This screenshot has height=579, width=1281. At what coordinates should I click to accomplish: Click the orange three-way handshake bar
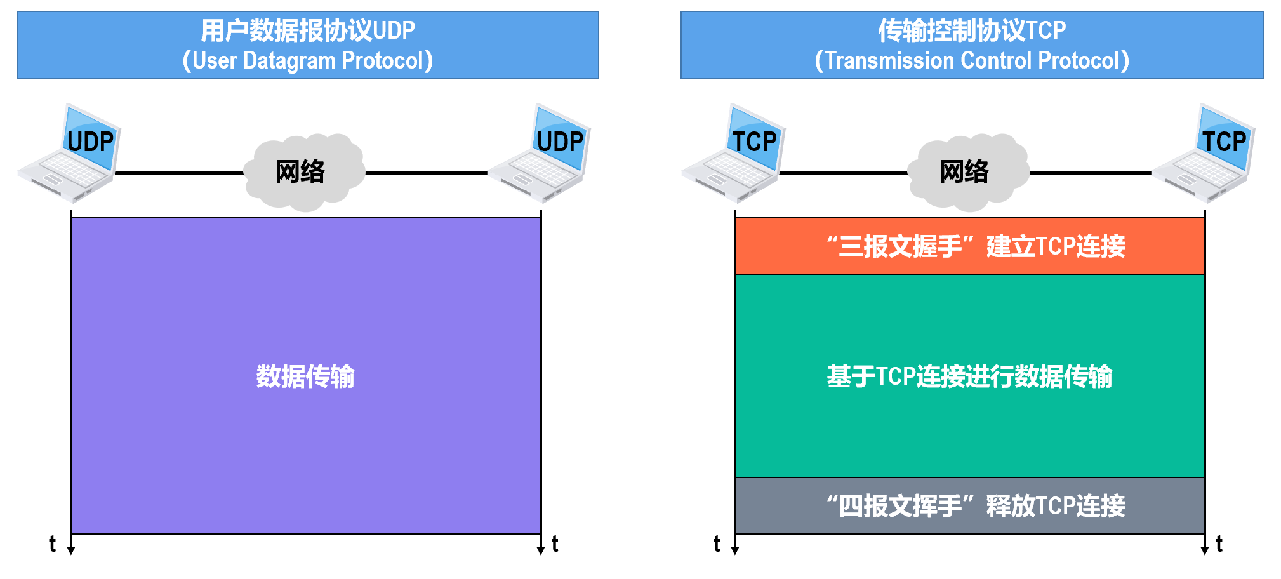[x=969, y=246]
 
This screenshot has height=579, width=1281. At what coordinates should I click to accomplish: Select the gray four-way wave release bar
[x=969, y=506]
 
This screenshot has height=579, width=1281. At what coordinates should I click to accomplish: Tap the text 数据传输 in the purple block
[x=305, y=376]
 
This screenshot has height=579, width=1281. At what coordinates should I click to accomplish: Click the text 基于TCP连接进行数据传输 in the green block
[x=969, y=376]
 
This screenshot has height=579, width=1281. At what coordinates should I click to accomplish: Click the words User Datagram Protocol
[x=308, y=61]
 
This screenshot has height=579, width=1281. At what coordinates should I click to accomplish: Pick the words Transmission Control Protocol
[x=972, y=61]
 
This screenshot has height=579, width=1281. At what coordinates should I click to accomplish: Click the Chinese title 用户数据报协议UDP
[x=308, y=30]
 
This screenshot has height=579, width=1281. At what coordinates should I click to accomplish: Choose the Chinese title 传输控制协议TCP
[x=972, y=30]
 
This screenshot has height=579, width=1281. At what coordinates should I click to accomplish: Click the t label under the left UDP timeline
[x=53, y=544]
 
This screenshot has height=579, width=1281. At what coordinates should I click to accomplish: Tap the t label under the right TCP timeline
[x=1219, y=544]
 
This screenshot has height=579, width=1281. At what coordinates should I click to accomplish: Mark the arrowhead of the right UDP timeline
[x=541, y=550]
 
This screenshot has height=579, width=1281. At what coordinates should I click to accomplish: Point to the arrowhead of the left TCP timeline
[x=735, y=550]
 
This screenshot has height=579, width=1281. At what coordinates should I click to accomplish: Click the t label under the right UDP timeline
[x=555, y=544]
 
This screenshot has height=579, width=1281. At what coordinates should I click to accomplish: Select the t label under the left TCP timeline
[x=717, y=544]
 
